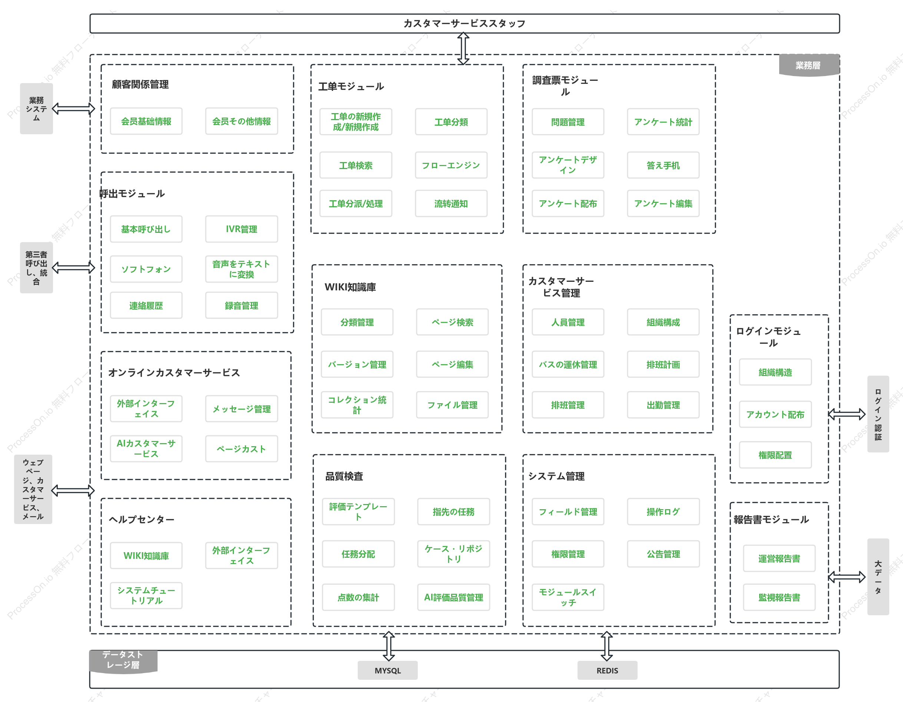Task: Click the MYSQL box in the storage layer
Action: (387, 670)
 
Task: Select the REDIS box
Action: (607, 670)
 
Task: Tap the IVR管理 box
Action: (241, 229)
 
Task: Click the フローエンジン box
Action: (451, 165)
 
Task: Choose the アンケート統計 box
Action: (663, 122)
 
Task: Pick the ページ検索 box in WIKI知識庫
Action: (452, 322)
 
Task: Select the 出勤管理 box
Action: (663, 405)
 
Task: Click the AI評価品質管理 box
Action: (454, 597)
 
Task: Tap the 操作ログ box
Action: (663, 512)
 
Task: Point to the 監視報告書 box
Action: (779, 597)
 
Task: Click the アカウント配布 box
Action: (775, 414)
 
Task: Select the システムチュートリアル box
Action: (146, 595)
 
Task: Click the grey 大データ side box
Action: (878, 577)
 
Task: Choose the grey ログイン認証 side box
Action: (878, 413)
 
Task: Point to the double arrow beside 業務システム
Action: (73, 109)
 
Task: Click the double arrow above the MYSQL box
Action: (388, 646)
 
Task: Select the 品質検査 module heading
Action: (344, 476)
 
